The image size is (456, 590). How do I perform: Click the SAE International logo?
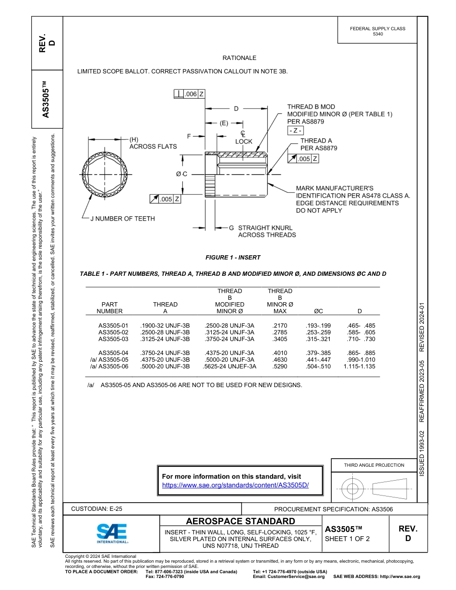click(111, 532)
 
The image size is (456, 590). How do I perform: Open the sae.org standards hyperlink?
click(235, 485)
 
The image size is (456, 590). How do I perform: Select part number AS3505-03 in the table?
click(113, 339)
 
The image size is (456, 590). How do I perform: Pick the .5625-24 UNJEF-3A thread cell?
click(229, 366)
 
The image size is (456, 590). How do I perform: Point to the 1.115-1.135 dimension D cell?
click(359, 366)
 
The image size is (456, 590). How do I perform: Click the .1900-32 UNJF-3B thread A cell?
click(165, 326)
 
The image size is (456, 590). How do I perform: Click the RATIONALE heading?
click(239, 58)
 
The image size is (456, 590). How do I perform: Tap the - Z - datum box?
click(295, 130)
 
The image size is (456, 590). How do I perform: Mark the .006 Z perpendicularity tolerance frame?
click(190, 94)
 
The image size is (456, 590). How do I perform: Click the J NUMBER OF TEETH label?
click(122, 219)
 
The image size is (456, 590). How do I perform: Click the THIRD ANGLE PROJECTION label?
click(373, 465)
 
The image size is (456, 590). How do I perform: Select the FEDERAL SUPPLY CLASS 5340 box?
click(377, 31)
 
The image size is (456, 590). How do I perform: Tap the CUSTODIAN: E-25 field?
click(93, 509)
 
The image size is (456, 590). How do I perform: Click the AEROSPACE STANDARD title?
click(240, 521)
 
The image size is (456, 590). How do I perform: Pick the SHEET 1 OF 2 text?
click(347, 539)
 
